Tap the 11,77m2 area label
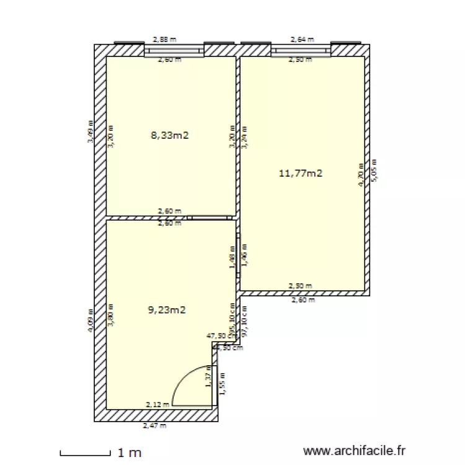click(x=301, y=174)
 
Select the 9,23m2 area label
click(x=167, y=310)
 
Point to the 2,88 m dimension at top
click(x=164, y=39)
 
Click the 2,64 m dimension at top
click(x=302, y=39)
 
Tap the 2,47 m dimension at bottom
click(x=154, y=426)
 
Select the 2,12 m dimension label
click(x=156, y=405)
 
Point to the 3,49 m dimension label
click(x=91, y=131)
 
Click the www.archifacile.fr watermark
click(x=354, y=451)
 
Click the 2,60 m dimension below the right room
click(x=303, y=300)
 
